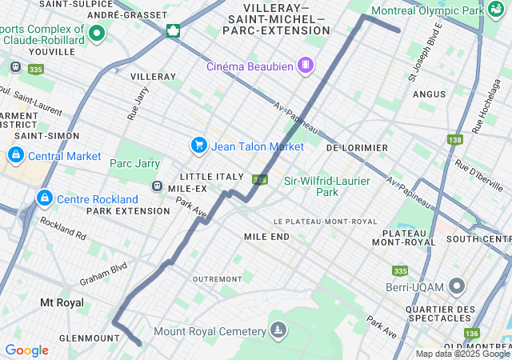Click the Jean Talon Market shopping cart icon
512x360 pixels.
198,146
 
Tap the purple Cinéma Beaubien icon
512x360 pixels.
305,66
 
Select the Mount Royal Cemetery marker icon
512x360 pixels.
278,330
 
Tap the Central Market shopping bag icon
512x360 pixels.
14,155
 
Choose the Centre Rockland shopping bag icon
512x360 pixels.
44,198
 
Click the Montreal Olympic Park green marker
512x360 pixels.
497,10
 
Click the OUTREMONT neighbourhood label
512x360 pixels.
217,278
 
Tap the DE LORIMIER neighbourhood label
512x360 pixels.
357,148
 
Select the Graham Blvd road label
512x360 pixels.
103,275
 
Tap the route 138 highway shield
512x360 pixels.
455,140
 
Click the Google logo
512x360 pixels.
26,350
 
